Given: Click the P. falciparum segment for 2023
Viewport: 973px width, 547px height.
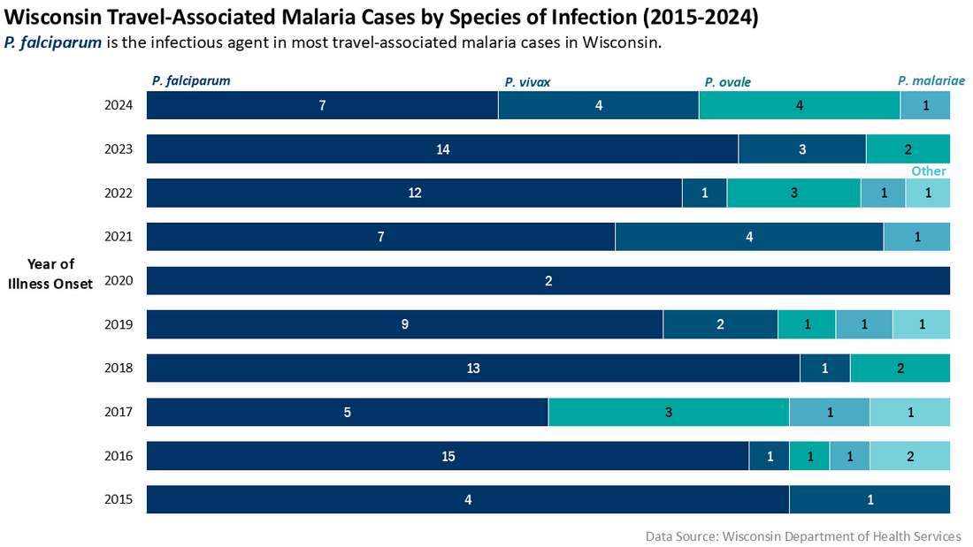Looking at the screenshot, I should coord(442,149).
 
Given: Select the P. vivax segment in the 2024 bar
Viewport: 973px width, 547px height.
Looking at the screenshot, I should coord(599,105).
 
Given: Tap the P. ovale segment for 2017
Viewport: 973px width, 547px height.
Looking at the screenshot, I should coord(669,412).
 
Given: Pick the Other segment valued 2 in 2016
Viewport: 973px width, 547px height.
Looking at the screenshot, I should coord(910,456).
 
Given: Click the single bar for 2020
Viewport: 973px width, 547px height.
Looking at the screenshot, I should coord(548,281).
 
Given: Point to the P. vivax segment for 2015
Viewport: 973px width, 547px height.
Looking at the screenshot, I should coord(870,499).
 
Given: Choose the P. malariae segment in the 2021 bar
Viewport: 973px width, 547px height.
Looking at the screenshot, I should coord(917,237).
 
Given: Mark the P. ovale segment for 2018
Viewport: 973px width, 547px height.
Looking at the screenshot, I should coord(900,368).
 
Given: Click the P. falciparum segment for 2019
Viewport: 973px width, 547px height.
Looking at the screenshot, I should coord(404,324).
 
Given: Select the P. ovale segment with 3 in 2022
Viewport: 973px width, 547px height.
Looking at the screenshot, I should coord(793,193).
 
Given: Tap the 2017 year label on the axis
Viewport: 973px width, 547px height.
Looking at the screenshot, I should coord(119,412).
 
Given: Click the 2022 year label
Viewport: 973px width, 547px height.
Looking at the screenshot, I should coord(119,193).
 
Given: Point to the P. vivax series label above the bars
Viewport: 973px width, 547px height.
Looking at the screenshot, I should coord(527,82).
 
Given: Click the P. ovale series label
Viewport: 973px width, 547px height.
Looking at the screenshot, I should coord(727,82).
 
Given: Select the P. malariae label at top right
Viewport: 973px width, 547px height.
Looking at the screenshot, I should coord(931,80).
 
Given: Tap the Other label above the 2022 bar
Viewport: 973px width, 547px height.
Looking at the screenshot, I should coord(929,171).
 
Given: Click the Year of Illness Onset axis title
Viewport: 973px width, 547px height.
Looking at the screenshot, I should coord(51,273).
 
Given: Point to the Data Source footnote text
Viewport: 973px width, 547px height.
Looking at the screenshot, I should coord(803,536).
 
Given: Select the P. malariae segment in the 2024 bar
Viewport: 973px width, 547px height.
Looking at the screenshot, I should coord(925,105).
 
